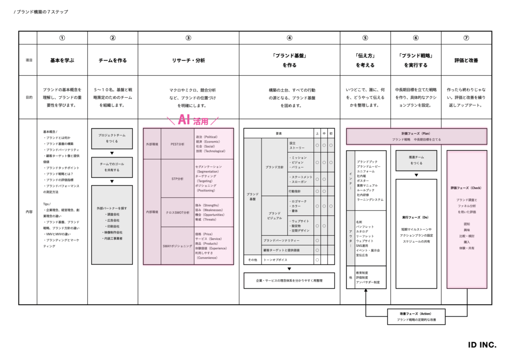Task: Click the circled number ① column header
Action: [x=62, y=38]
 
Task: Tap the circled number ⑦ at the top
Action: [x=466, y=38]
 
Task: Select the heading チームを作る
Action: [x=112, y=60]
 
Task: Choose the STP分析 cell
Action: [x=177, y=178]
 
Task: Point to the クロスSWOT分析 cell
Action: [x=177, y=212]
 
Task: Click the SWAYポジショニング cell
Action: [x=177, y=246]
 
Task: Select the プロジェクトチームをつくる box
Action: [x=112, y=138]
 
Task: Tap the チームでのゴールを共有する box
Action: [x=112, y=167]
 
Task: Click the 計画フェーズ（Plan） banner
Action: [x=416, y=136]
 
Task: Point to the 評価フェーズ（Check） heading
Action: [x=466, y=188]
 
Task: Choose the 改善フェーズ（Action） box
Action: [x=416, y=317]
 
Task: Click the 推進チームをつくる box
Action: [x=416, y=160]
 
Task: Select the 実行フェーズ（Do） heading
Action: [x=416, y=217]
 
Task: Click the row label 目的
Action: [x=28, y=97]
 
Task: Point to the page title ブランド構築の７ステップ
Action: [x=42, y=11]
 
